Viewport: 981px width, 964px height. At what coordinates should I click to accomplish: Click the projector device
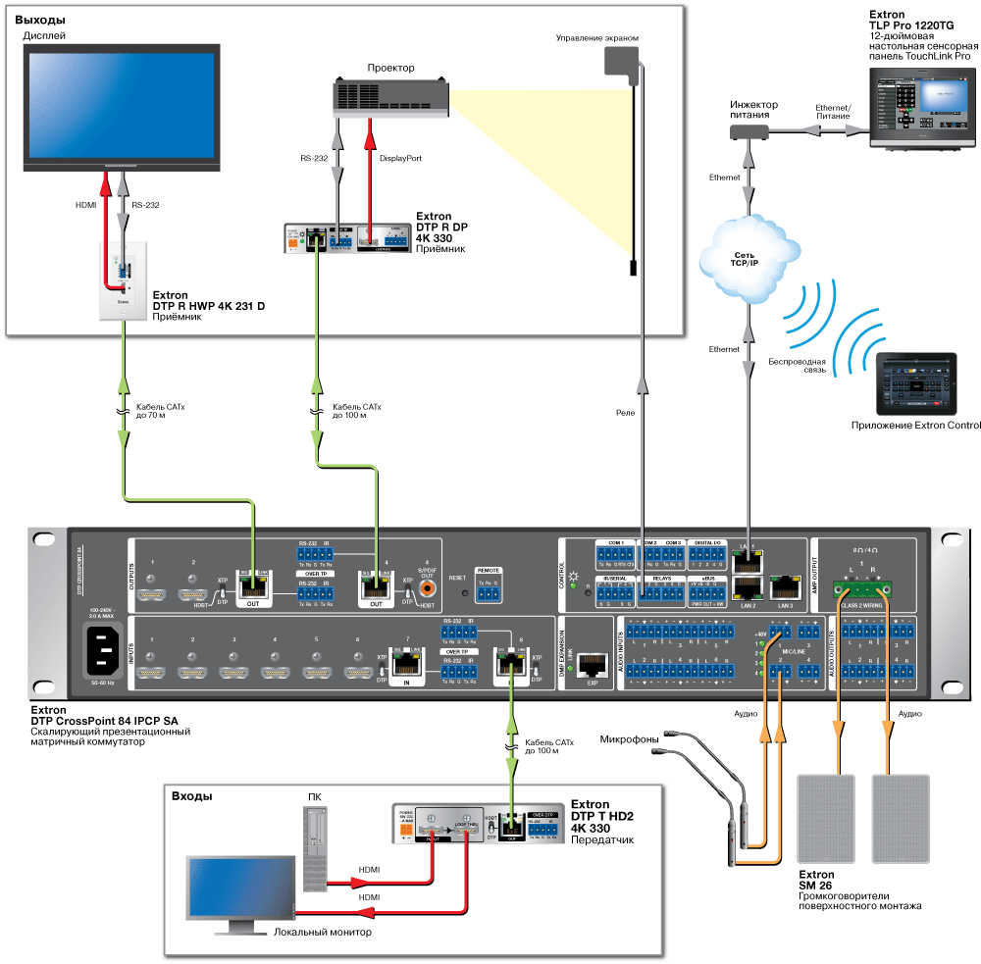pyautogui.click(x=392, y=99)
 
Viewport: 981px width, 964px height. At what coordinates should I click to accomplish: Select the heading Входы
pyautogui.click(x=191, y=796)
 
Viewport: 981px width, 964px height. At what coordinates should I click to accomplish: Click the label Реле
pyautogui.click(x=625, y=413)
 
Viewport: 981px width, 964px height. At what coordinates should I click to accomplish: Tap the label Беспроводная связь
pyautogui.click(x=797, y=368)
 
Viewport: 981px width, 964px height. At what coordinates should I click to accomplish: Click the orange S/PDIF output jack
pyautogui.click(x=428, y=588)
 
